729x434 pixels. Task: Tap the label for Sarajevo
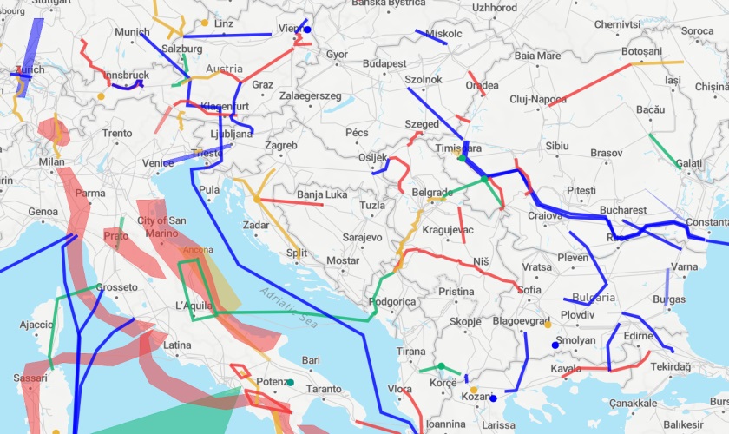tap(362, 237)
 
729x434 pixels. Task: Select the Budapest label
tap(384, 63)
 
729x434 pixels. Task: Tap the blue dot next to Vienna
tap(307, 30)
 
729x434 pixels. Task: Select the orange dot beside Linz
tap(205, 23)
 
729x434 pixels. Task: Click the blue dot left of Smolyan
tap(555, 345)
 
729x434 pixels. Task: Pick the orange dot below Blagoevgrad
tap(547, 325)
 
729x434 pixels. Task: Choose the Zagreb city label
tap(282, 145)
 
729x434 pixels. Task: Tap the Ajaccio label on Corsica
tap(36, 325)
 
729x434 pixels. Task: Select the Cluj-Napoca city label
tap(538, 99)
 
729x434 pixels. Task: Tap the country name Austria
tap(224, 69)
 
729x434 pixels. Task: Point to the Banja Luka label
tap(322, 194)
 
